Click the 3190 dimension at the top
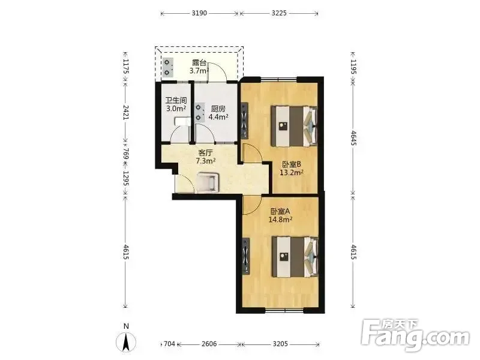click(x=199, y=13)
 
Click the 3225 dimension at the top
click(x=279, y=13)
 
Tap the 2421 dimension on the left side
click(x=126, y=112)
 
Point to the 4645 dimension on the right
click(x=353, y=139)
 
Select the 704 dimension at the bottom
click(x=169, y=344)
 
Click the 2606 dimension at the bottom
click(x=209, y=344)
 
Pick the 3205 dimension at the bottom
click(x=280, y=344)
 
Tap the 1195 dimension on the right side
click(x=353, y=67)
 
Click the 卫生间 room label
click(x=176, y=100)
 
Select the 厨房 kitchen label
click(x=218, y=109)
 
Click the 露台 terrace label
click(x=199, y=63)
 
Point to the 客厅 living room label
click(x=205, y=152)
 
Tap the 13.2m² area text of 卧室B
click(x=292, y=173)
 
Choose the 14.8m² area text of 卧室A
click(x=280, y=220)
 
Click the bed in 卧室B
click(x=294, y=126)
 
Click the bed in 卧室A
click(x=295, y=257)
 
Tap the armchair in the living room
click(x=208, y=182)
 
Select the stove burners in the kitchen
click(x=199, y=112)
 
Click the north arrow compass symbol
click(x=126, y=341)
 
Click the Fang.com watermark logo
click(x=415, y=335)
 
